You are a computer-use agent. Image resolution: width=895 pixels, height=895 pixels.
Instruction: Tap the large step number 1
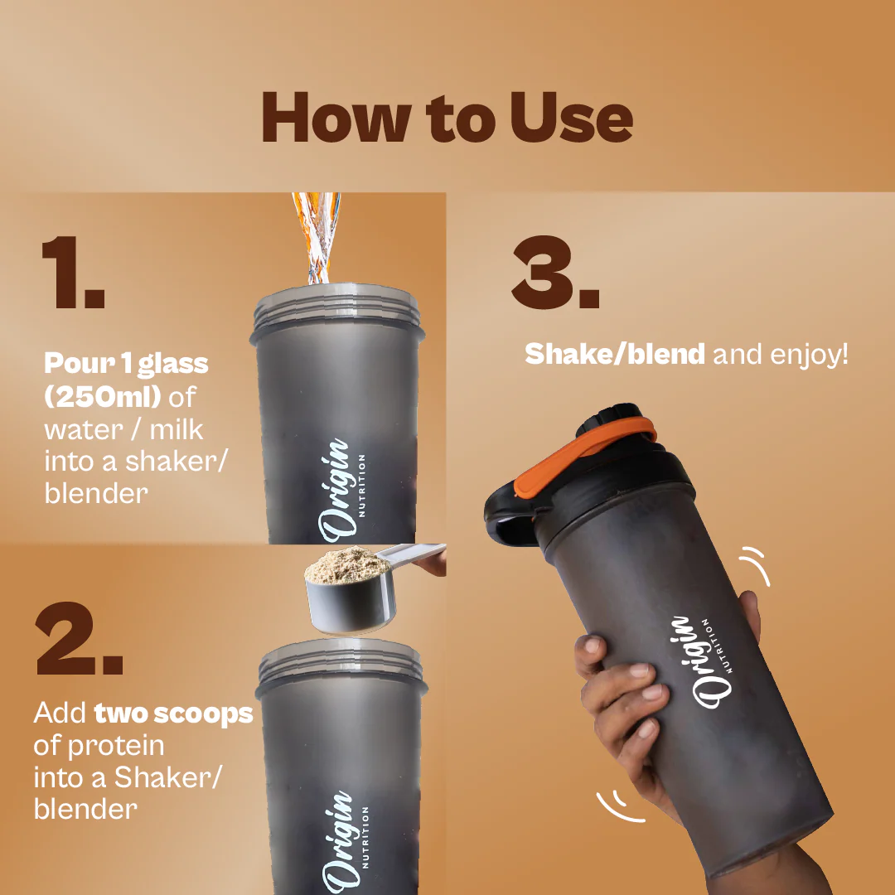pyautogui.click(x=73, y=272)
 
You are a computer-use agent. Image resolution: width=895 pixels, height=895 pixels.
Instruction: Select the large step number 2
pyautogui.click(x=79, y=638)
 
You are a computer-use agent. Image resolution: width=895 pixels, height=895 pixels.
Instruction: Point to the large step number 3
pyautogui.click(x=554, y=272)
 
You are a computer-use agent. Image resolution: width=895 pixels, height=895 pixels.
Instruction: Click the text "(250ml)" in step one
pyautogui.click(x=103, y=397)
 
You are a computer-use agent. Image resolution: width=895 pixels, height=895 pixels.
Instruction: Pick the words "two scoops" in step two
pyautogui.click(x=173, y=714)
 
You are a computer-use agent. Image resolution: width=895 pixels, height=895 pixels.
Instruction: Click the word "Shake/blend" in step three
pyautogui.click(x=615, y=354)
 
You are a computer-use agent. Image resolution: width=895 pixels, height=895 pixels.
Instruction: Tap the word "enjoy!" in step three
pyautogui.click(x=809, y=355)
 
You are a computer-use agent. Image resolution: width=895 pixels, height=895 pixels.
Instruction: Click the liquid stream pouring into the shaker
pyautogui.click(x=316, y=238)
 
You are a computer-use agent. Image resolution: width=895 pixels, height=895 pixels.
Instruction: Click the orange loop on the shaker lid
pyautogui.click(x=583, y=454)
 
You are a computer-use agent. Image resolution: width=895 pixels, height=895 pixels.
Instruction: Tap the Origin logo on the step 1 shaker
pyautogui.click(x=341, y=491)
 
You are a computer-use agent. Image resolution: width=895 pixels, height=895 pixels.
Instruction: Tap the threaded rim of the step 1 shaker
pyautogui.click(x=337, y=310)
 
